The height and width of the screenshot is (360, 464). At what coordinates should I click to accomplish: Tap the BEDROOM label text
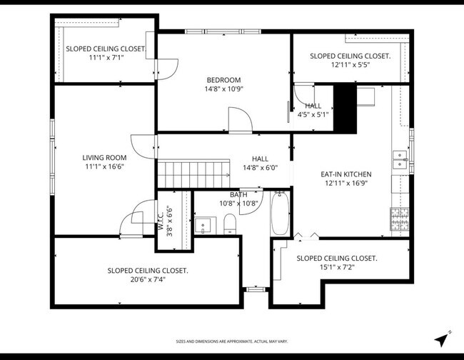coord(223,80)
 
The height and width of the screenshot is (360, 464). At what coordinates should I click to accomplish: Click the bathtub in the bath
coord(280,214)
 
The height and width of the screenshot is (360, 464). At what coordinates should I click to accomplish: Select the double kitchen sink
coord(400,163)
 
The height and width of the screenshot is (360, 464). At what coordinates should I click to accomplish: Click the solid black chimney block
coord(346,108)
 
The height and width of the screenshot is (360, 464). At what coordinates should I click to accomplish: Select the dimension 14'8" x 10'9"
coord(223,90)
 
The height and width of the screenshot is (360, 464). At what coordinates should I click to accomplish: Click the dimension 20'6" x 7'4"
coord(148,280)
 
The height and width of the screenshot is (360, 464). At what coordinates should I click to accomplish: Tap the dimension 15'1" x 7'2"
coord(336,268)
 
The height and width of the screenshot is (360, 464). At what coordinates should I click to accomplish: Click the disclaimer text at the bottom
coord(232,342)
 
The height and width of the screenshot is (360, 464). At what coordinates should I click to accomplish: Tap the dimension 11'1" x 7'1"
coord(105,58)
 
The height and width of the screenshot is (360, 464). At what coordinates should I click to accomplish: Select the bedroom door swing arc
coord(241,119)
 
